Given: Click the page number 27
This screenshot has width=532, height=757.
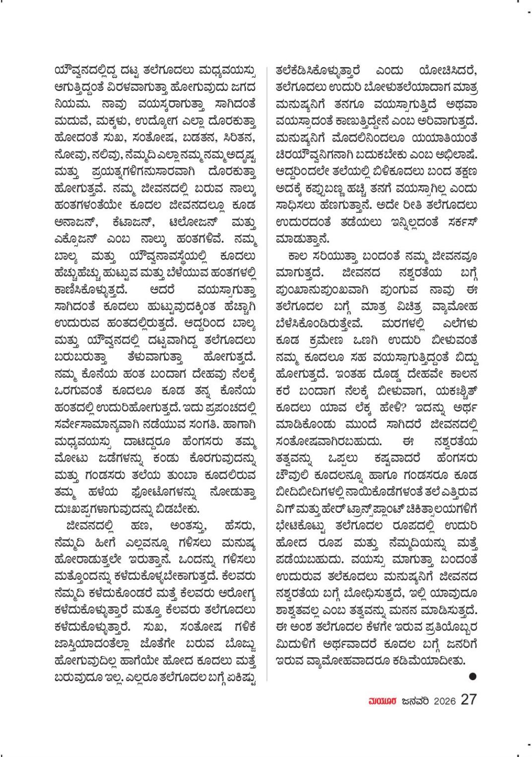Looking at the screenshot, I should (x=468, y=699).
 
